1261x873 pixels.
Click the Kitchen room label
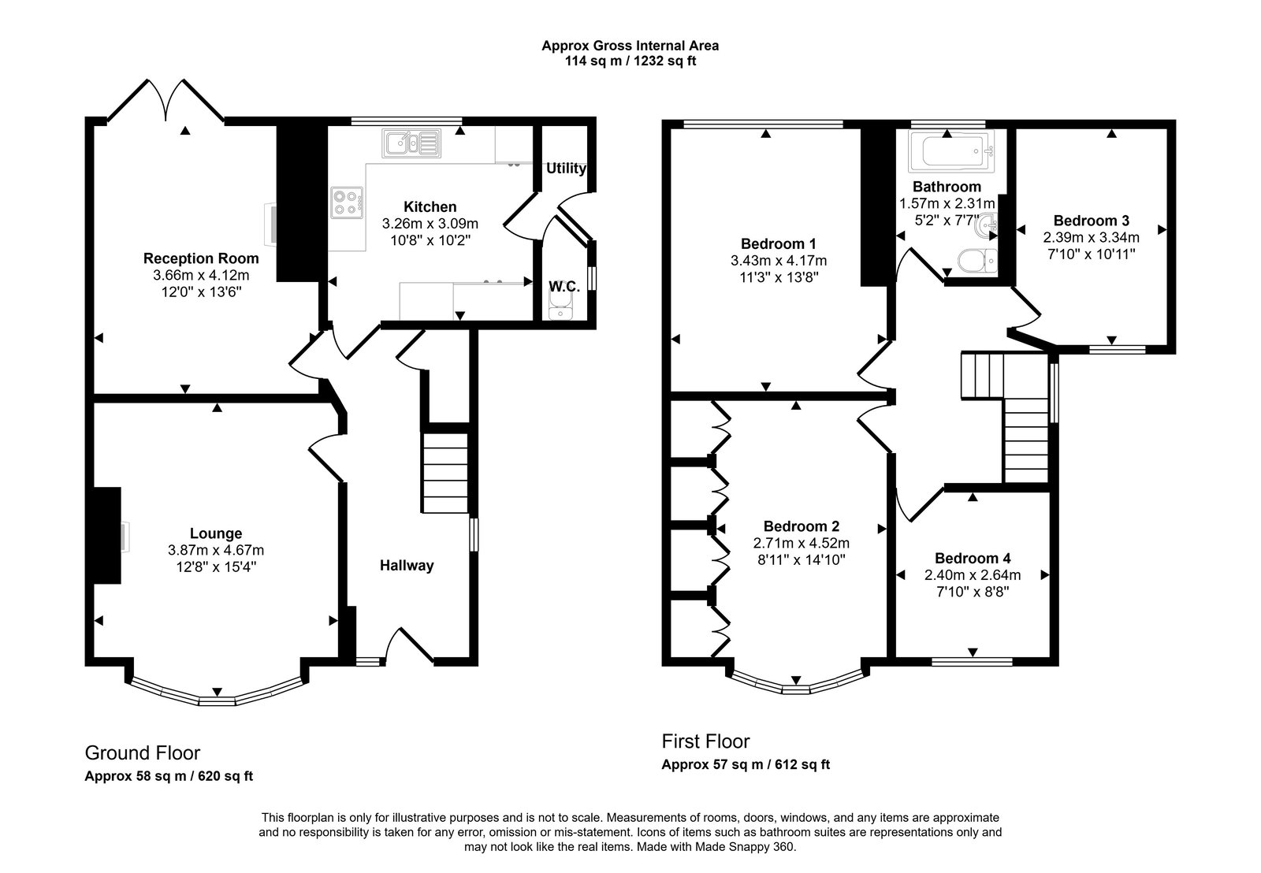click(x=430, y=207)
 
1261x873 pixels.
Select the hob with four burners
click(x=348, y=201)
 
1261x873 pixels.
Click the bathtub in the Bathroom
click(x=950, y=152)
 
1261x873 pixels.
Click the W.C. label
click(x=564, y=287)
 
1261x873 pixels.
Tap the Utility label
click(x=566, y=169)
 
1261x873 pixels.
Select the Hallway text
click(x=407, y=565)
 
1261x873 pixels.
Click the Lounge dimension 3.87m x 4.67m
click(x=215, y=550)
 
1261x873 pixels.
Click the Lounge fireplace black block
click(x=106, y=536)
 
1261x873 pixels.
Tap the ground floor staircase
click(x=445, y=473)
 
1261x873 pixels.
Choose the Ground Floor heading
click(x=142, y=753)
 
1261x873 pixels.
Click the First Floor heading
click(x=705, y=741)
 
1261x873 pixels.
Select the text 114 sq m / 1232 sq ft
click(x=630, y=61)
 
